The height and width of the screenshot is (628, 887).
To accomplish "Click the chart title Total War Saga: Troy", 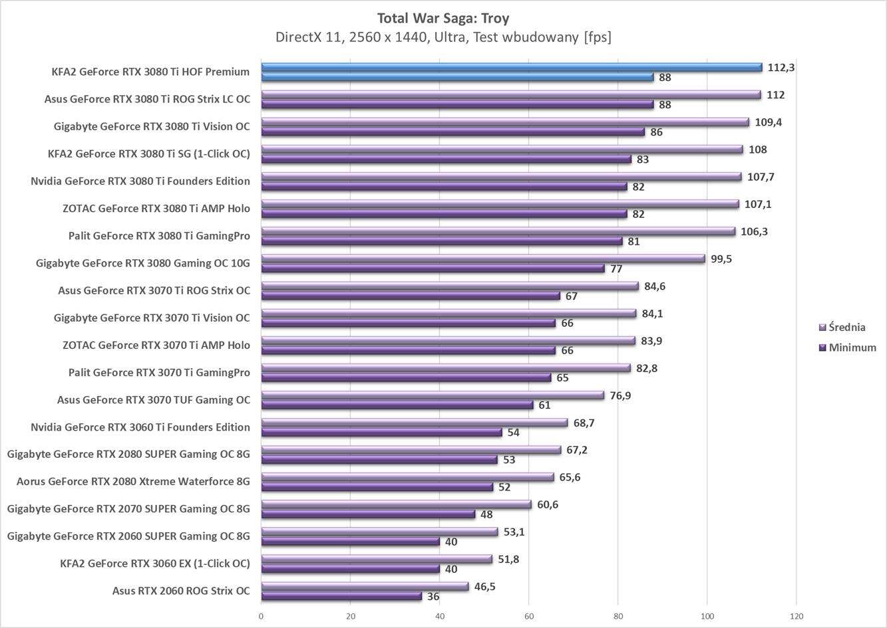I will (x=443, y=18).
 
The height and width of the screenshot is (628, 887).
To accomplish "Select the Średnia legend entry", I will (x=846, y=327).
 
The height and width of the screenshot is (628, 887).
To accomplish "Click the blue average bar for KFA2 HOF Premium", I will (x=511, y=67).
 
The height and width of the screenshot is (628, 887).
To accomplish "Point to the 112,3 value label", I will (x=781, y=67).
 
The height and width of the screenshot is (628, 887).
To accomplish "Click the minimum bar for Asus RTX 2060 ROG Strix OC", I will (x=341, y=596).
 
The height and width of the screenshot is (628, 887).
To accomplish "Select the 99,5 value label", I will (x=721, y=259).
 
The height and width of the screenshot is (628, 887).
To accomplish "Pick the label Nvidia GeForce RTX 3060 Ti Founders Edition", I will (x=140, y=427).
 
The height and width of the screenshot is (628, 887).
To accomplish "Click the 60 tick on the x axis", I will (x=528, y=616).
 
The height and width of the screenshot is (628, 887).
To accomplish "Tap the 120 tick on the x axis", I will (x=797, y=616).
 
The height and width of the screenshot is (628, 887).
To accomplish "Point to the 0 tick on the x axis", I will (x=261, y=616).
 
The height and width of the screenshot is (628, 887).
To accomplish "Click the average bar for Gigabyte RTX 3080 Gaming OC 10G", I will (x=483, y=259).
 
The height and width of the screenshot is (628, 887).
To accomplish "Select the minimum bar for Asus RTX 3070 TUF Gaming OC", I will (x=397, y=405).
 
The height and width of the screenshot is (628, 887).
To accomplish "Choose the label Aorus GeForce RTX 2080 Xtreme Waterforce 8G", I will (x=133, y=481).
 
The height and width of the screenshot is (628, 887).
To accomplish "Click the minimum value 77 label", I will (x=616, y=268).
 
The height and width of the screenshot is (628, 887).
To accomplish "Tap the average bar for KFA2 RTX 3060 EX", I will (x=377, y=559).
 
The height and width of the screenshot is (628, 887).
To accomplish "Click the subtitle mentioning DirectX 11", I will (x=443, y=37).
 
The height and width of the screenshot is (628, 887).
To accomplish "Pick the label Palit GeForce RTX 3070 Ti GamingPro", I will (x=159, y=372).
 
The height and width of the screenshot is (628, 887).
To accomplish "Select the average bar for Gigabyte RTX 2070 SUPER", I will (x=396, y=504).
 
